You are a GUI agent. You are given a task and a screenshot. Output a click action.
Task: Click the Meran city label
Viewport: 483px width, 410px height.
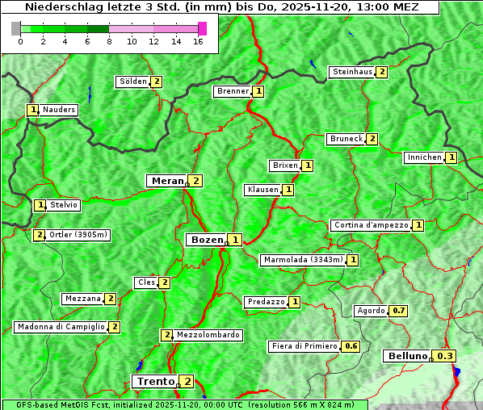[x=167, y=181]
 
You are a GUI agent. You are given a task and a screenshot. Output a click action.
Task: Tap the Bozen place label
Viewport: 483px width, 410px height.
[x=206, y=240]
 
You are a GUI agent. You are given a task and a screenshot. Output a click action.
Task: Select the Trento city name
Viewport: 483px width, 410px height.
[x=155, y=381]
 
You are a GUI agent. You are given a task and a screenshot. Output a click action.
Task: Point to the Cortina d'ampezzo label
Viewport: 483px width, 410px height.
[x=371, y=225]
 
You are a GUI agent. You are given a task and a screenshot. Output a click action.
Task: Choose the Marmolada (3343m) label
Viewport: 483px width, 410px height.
[x=303, y=260]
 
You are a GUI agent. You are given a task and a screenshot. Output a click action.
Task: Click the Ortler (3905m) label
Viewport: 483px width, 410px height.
[x=78, y=235]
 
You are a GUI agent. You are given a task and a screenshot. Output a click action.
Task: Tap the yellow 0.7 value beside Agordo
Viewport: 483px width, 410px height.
[x=398, y=311]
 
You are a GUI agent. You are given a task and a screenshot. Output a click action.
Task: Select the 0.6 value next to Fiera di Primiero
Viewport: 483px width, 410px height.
[x=351, y=346]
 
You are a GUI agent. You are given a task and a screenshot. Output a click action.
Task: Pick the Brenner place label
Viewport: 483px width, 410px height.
[x=233, y=91]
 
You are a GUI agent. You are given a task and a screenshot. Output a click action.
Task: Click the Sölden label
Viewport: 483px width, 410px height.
[x=133, y=82]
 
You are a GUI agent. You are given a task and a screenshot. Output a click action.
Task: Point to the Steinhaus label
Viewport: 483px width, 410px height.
[x=353, y=72]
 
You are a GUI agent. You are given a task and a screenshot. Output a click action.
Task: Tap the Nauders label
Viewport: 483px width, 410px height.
[x=59, y=110]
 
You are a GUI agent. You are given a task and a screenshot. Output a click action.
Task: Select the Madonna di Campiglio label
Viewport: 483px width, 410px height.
[x=61, y=327]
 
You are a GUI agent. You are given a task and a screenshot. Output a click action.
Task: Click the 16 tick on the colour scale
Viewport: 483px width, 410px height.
[x=198, y=41]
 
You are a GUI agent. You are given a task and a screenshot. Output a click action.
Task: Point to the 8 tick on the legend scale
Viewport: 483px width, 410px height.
[x=109, y=41]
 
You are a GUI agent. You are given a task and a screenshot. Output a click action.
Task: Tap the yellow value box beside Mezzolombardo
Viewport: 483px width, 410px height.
[x=167, y=335]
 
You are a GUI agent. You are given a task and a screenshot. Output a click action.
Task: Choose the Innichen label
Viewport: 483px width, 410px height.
[x=425, y=157]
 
